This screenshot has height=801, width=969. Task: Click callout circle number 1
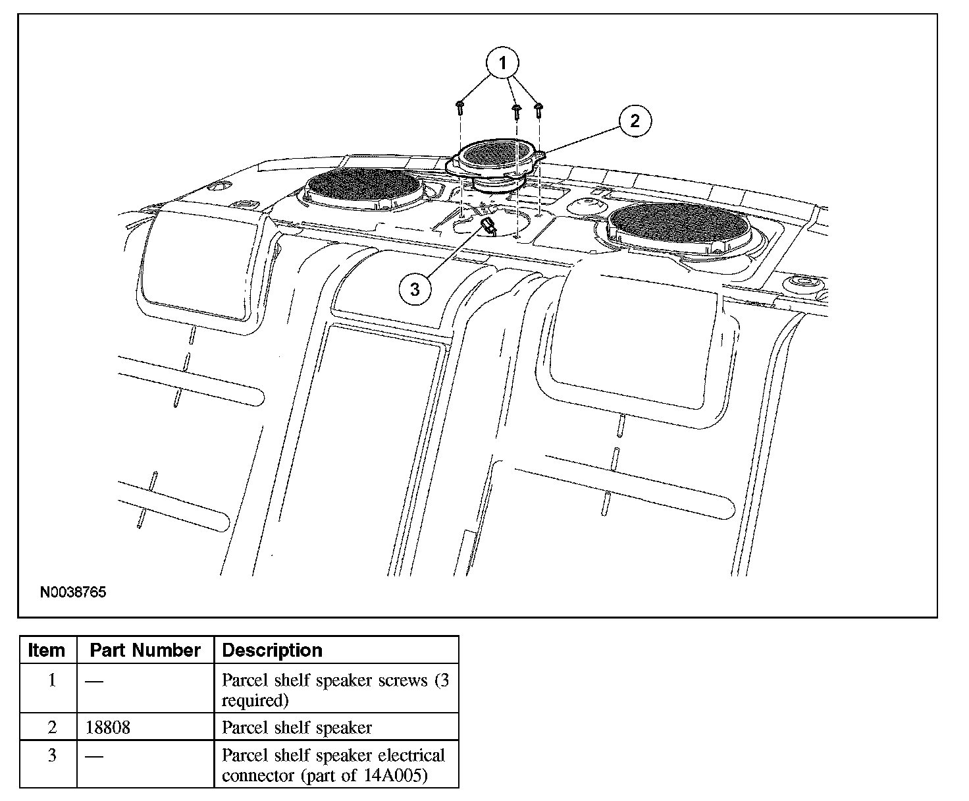point(503,64)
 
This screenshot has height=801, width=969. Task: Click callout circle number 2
point(634,121)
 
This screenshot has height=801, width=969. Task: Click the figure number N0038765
point(73,592)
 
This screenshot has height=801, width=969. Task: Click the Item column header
point(47,650)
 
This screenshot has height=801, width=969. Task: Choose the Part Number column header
point(145,650)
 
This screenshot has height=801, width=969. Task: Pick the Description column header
point(272,650)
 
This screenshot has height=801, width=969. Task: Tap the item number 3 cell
point(52,756)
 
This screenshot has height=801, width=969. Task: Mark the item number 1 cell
point(52,680)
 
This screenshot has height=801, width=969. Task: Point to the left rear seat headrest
point(201,260)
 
